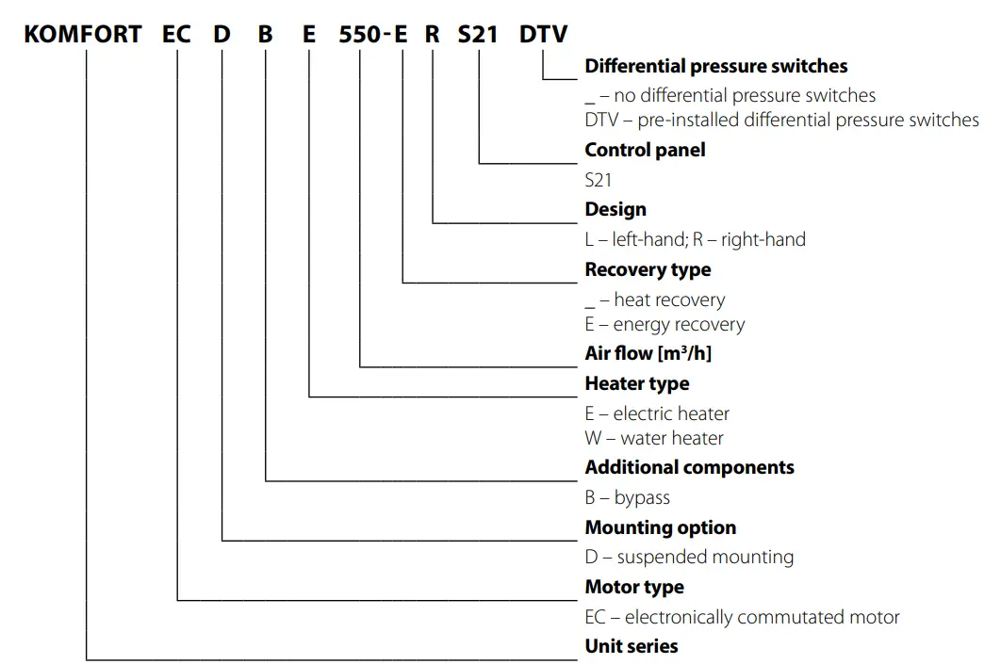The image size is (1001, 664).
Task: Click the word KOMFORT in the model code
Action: click(x=83, y=35)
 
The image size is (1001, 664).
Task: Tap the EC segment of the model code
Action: click(x=176, y=35)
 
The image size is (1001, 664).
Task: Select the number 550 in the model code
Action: click(x=357, y=35)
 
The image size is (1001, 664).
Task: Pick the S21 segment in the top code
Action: click(x=478, y=35)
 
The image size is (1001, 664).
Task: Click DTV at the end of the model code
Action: click(x=544, y=35)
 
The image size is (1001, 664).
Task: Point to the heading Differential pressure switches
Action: click(x=715, y=67)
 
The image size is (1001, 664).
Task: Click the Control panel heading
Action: click(x=645, y=150)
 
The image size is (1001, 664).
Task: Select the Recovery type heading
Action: click(x=648, y=270)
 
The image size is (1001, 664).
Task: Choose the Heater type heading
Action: click(x=636, y=383)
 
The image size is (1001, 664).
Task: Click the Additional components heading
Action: click(x=689, y=468)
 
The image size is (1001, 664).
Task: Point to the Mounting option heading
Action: click(x=660, y=527)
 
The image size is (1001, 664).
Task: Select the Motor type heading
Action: click(x=634, y=588)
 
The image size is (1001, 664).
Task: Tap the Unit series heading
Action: click(x=631, y=646)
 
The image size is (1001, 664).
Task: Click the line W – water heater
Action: click(x=654, y=438)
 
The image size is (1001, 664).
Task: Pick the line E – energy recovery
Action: click(x=665, y=325)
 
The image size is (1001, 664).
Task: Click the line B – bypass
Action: click(x=627, y=497)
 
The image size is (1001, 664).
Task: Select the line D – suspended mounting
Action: click(x=689, y=557)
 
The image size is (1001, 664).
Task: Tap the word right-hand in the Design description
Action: click(x=763, y=239)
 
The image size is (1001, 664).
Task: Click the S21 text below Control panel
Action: click(x=598, y=179)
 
